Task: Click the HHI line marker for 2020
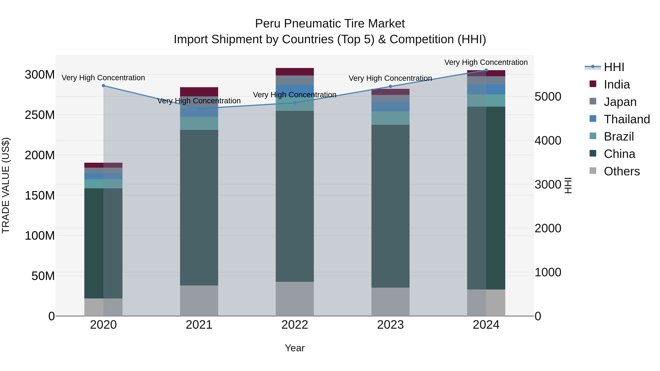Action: [103, 86]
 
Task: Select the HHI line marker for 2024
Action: [486, 70]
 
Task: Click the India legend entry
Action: [616, 84]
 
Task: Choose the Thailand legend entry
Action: [626, 119]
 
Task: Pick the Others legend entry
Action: [621, 171]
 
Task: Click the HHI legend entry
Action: [614, 67]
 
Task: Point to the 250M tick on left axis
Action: [40, 115]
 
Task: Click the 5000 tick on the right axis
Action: [548, 97]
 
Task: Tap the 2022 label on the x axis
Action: [295, 325]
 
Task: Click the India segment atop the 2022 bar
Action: [295, 72]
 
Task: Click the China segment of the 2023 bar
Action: [390, 205]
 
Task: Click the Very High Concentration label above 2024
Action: [486, 62]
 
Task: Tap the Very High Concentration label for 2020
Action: [103, 77]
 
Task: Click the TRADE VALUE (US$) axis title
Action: [6, 185]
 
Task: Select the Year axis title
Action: [295, 348]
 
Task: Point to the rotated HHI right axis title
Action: [568, 185]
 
